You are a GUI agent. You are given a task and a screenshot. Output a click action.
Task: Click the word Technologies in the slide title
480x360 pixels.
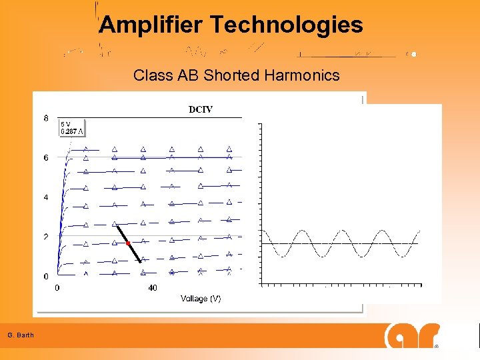(x=287, y=25)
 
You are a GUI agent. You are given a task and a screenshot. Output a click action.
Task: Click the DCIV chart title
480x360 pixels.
(x=201, y=109)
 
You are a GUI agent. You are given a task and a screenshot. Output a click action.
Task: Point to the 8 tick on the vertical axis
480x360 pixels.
(x=45, y=119)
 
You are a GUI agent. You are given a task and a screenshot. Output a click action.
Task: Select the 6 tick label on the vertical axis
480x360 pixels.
(x=45, y=158)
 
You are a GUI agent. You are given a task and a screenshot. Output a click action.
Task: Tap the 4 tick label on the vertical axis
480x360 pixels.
(x=45, y=197)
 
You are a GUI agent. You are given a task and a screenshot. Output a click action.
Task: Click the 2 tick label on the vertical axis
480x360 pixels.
(x=45, y=237)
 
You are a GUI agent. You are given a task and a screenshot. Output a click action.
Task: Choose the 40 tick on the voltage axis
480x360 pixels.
(x=152, y=288)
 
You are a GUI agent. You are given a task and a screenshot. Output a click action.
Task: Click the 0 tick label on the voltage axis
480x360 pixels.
(x=57, y=288)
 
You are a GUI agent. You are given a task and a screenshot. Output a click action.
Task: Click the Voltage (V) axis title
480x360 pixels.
(x=201, y=299)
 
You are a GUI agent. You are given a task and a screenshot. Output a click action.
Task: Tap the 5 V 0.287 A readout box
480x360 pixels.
(x=72, y=127)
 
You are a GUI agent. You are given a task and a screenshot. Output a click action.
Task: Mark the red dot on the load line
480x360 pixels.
(x=128, y=243)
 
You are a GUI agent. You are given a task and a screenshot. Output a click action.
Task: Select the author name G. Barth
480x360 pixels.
(x=21, y=335)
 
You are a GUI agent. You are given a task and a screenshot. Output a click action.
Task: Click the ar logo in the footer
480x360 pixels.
(x=412, y=335)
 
